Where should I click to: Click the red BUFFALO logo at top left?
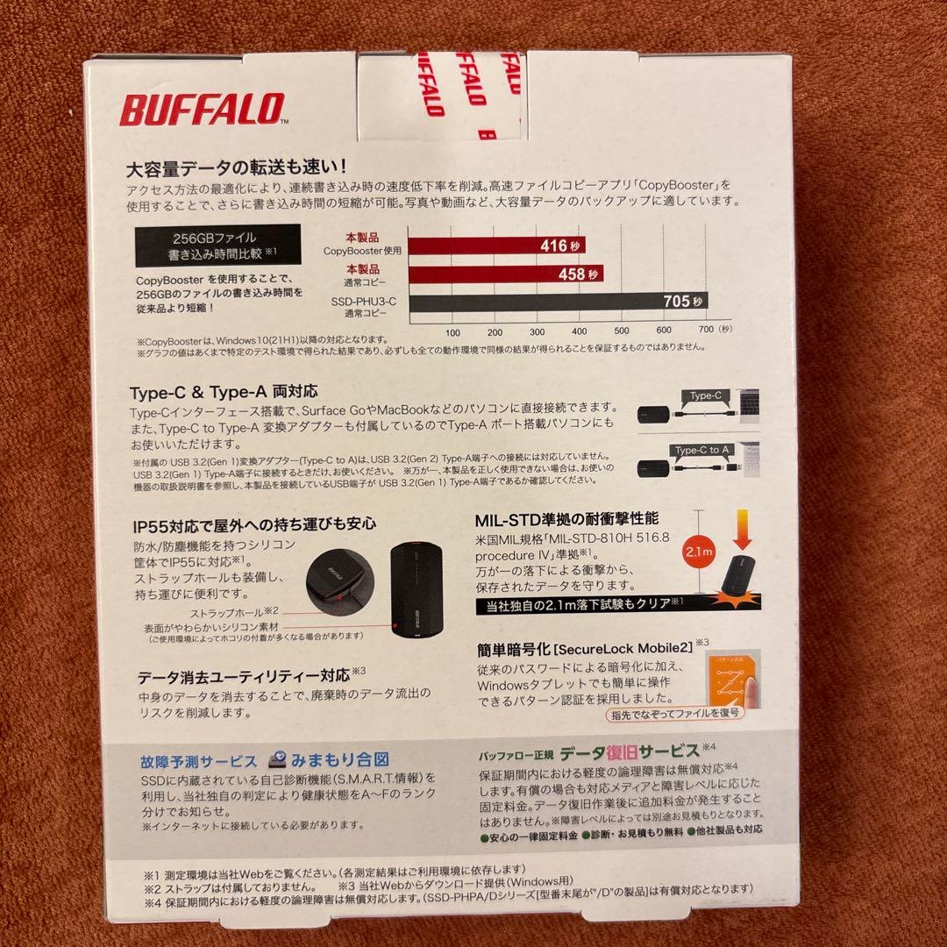pyautogui.click(x=201, y=110)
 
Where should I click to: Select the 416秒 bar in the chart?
pyautogui.click(x=496, y=246)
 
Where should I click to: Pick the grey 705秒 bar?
pyautogui.click(x=558, y=303)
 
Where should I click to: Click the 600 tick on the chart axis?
pyautogui.click(x=663, y=331)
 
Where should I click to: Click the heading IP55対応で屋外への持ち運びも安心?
pyautogui.click(x=253, y=525)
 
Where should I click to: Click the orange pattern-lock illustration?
pyautogui.click(x=723, y=674)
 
